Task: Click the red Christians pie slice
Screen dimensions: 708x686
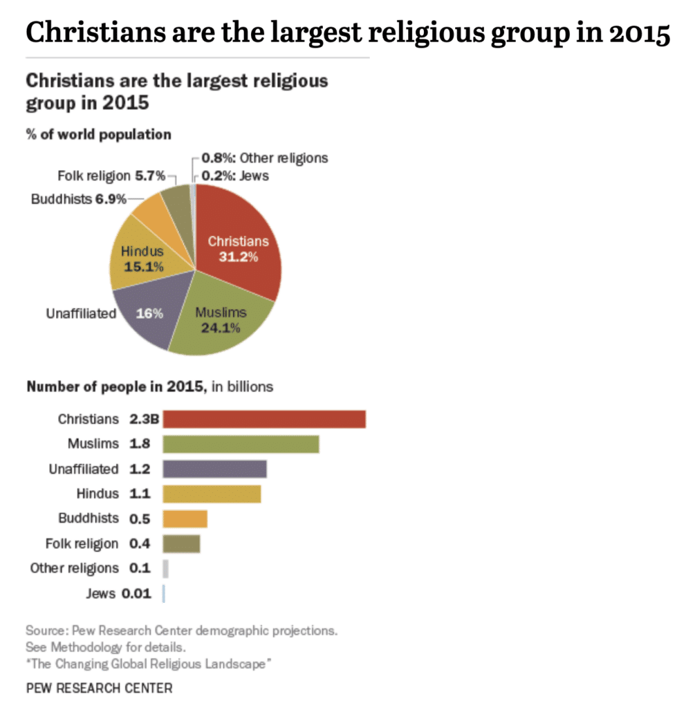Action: (239, 249)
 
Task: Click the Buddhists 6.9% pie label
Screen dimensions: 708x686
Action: (79, 199)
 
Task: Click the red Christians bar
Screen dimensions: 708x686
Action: (264, 419)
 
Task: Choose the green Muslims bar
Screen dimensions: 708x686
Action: (241, 444)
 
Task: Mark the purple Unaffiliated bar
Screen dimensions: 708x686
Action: (214, 469)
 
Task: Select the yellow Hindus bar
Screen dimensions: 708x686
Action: (212, 494)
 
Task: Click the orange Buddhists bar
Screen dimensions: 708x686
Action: (185, 519)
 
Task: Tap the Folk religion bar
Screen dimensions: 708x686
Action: (181, 543)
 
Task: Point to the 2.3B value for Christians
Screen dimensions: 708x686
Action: (145, 419)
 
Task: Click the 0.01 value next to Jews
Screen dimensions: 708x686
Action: (137, 593)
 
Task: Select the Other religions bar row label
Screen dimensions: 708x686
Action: (74, 568)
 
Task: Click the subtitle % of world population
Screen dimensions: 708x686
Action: (98, 134)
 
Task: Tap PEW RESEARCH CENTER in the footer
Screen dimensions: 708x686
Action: (99, 688)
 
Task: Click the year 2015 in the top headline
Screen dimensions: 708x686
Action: (636, 33)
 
